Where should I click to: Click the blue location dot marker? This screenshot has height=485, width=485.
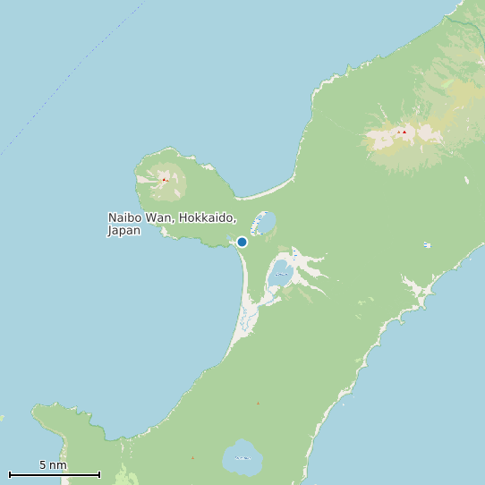point(242,242)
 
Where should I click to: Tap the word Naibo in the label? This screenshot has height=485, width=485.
point(124,218)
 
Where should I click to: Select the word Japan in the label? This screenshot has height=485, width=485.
point(124,231)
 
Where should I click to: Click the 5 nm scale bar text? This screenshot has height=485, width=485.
point(53,465)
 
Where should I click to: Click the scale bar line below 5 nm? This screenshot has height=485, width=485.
point(54,474)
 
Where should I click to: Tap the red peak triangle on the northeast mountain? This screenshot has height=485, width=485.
point(404,132)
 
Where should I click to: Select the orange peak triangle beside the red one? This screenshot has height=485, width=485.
point(398,133)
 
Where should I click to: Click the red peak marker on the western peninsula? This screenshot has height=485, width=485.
point(164,179)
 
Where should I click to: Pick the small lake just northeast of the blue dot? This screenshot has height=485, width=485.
point(265,222)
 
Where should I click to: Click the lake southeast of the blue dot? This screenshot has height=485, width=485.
point(278,277)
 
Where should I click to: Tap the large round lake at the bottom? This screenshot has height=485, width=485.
point(242,457)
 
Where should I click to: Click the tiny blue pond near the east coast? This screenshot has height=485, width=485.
point(427,245)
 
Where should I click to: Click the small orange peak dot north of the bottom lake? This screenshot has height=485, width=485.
point(259,404)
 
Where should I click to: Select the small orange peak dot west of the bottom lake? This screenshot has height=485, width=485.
point(192,458)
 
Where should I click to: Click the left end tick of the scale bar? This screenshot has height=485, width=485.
point(10,473)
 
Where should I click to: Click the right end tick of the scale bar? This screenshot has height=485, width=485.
point(99,473)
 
